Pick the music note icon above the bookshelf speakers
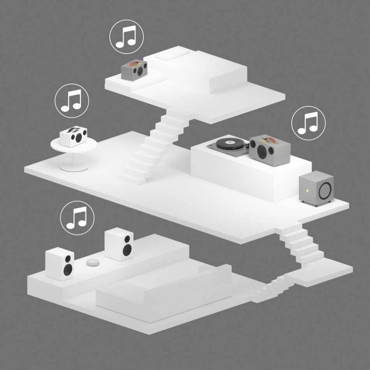tap(78, 217)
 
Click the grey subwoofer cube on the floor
tap(317, 188)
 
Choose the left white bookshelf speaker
tap(60, 264)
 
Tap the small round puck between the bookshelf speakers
tap(93, 262)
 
